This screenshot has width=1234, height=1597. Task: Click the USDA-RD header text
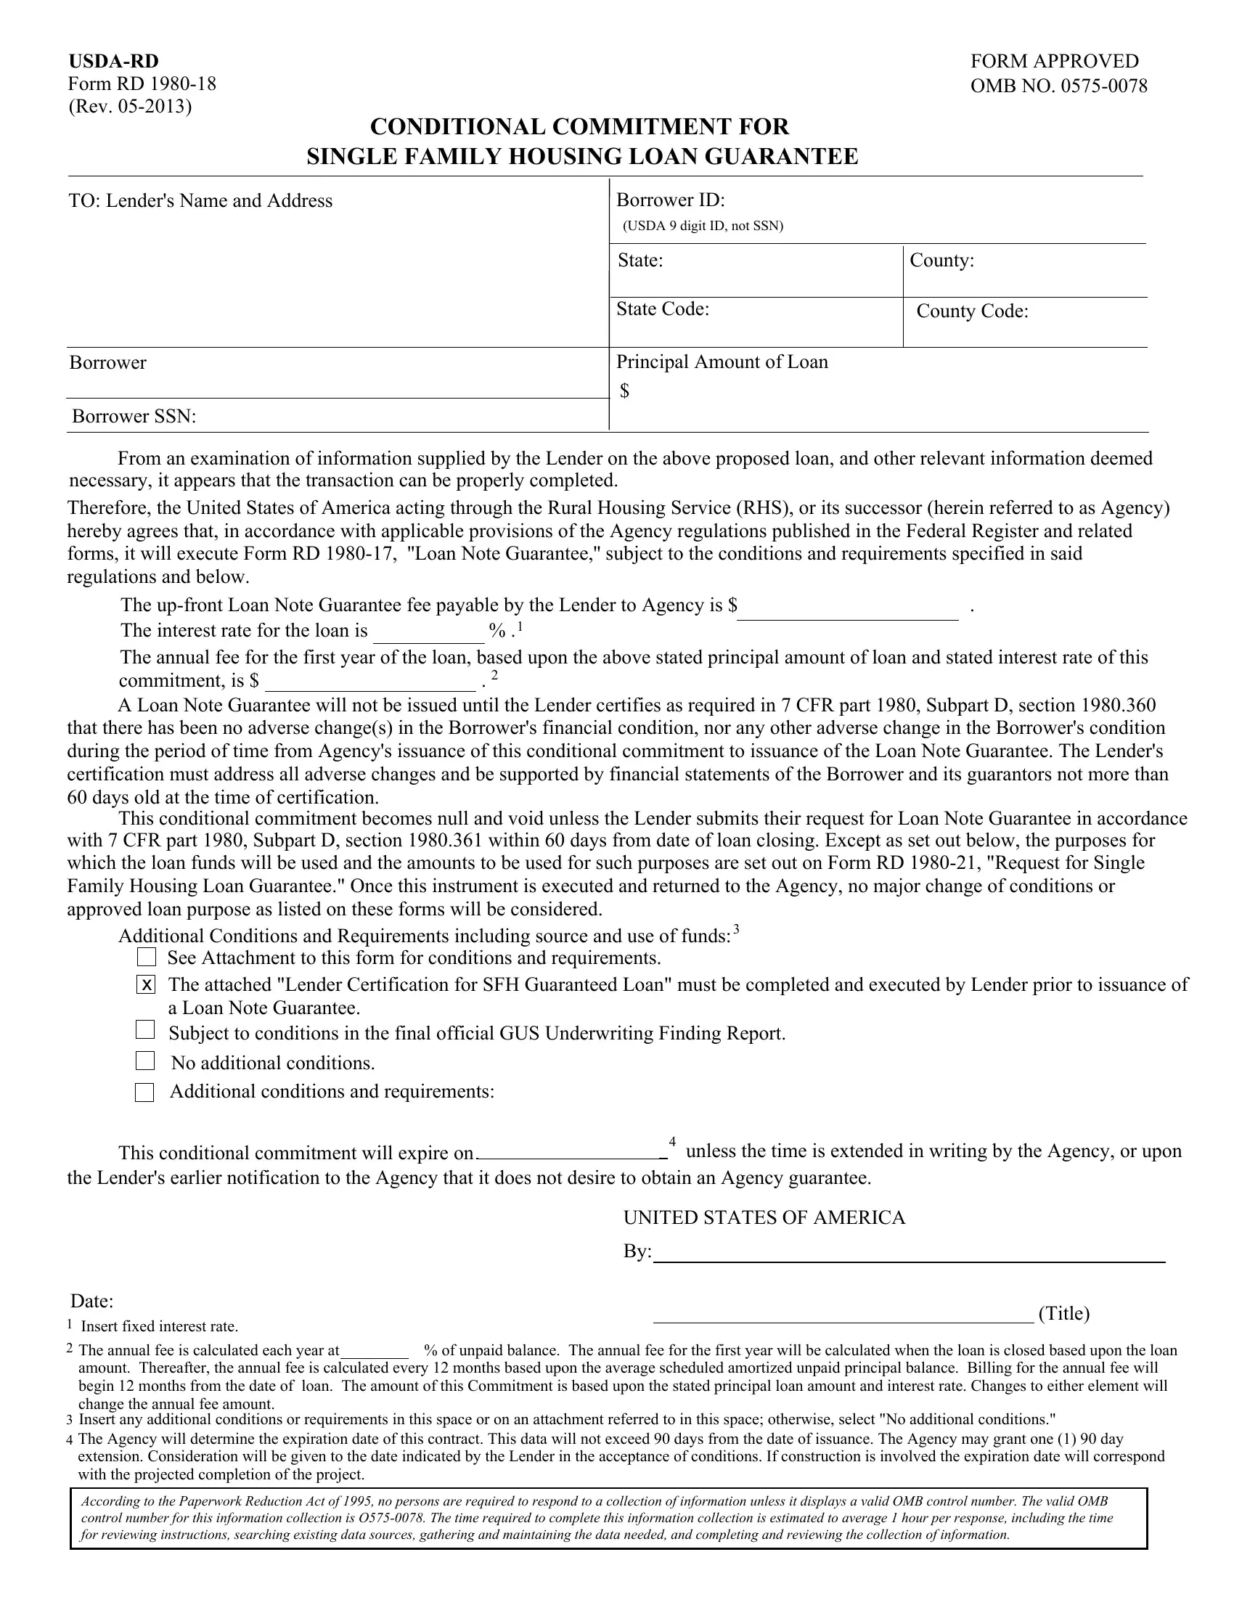pyautogui.click(x=113, y=62)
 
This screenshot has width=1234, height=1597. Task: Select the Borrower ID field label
pyautogui.click(x=671, y=200)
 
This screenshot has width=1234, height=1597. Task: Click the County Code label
pyautogui.click(x=971, y=311)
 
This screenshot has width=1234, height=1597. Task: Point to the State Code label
pyautogui.click(x=662, y=309)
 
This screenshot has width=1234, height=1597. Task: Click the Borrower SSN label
pyautogui.click(x=134, y=417)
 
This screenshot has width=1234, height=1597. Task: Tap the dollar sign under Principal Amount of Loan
pyautogui.click(x=624, y=391)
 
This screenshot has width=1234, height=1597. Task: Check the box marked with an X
pyautogui.click(x=146, y=985)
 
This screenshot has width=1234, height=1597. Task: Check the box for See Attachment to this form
pyautogui.click(x=146, y=957)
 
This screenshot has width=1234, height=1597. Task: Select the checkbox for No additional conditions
pyautogui.click(x=145, y=1061)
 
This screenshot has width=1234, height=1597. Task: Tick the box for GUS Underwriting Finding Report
pyautogui.click(x=145, y=1030)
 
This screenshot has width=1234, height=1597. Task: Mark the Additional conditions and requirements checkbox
pyautogui.click(x=144, y=1092)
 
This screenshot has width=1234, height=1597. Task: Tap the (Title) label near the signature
pyautogui.click(x=1063, y=1314)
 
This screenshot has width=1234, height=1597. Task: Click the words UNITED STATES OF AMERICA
pyautogui.click(x=764, y=1217)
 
